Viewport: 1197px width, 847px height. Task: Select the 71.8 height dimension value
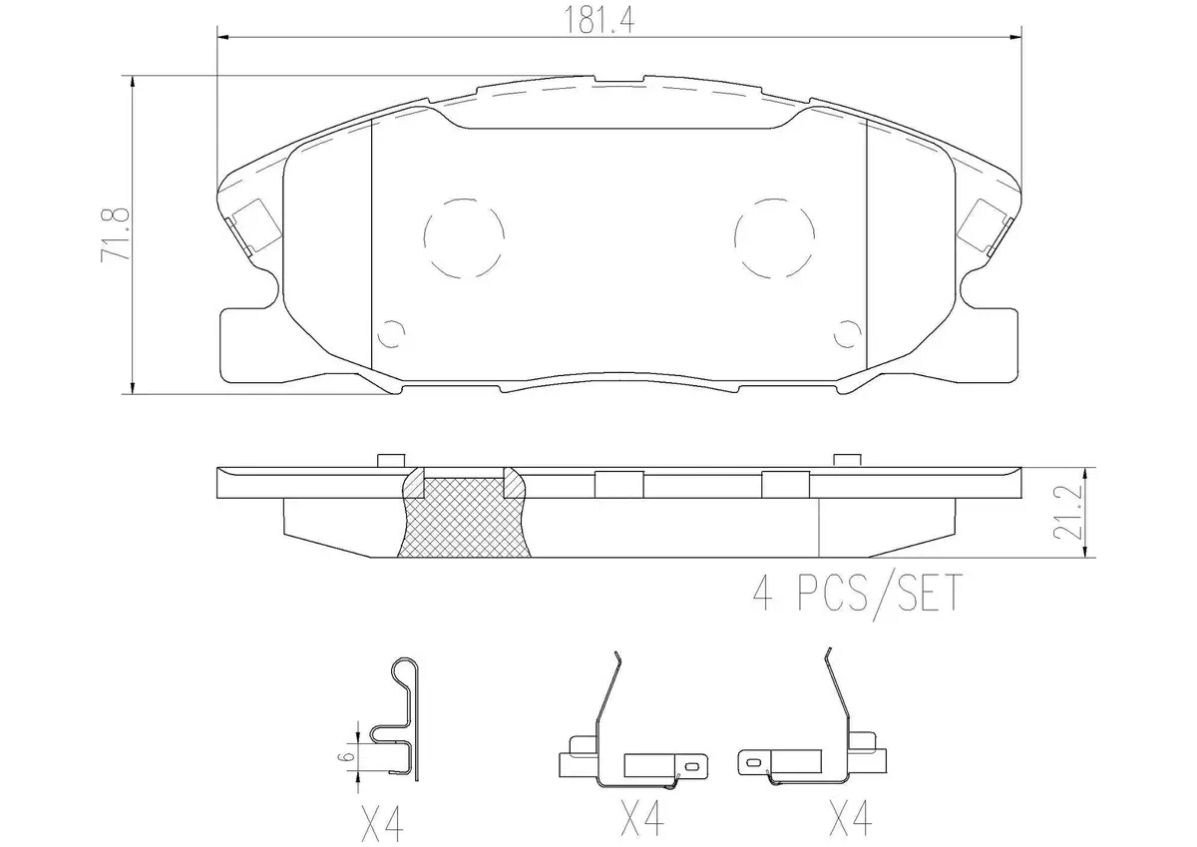pyautogui.click(x=116, y=234)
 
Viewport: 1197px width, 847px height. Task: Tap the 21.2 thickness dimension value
pyautogui.click(x=1067, y=512)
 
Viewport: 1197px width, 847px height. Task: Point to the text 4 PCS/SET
pyautogui.click(x=858, y=593)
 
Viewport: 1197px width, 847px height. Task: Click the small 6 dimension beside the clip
pyautogui.click(x=346, y=756)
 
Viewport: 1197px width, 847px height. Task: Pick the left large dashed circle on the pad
pyautogui.click(x=464, y=238)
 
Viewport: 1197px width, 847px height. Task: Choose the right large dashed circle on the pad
pyautogui.click(x=774, y=238)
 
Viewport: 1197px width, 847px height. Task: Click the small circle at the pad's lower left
pyautogui.click(x=391, y=334)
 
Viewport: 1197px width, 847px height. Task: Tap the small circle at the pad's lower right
pyautogui.click(x=848, y=334)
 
